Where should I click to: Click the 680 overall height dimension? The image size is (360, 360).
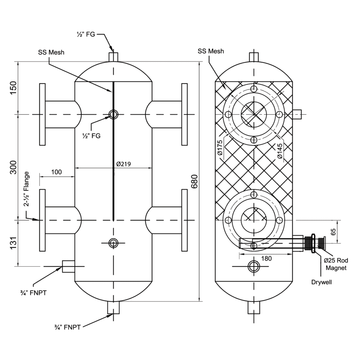pyautogui.click(x=194, y=181)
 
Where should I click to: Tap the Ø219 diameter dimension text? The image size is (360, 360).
pyautogui.click(x=123, y=164)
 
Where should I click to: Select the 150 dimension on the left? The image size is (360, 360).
pyautogui.click(x=14, y=88)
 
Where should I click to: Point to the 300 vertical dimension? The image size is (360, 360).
pyautogui.click(x=14, y=167)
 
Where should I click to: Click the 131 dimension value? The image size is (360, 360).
pyautogui.click(x=14, y=243)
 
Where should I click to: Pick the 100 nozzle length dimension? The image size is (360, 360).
pyautogui.click(x=56, y=172)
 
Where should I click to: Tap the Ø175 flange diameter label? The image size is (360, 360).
pyautogui.click(x=220, y=147)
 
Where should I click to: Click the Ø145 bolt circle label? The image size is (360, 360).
pyautogui.click(x=279, y=151)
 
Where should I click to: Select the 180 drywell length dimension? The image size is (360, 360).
pyautogui.click(x=266, y=258)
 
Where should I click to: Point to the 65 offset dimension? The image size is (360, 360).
pyautogui.click(x=333, y=232)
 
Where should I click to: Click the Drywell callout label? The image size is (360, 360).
pyautogui.click(x=321, y=282)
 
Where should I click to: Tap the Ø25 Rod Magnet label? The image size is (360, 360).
pyautogui.click(x=336, y=264)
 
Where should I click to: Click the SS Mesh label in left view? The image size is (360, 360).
pyautogui.click(x=51, y=52)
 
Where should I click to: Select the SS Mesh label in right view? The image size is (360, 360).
pyautogui.click(x=211, y=51)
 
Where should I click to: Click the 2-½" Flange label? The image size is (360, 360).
pyautogui.click(x=27, y=189)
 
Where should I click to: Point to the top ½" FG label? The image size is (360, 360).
pyautogui.click(x=86, y=34)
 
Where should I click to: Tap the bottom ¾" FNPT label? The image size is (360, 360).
pyautogui.click(x=67, y=327)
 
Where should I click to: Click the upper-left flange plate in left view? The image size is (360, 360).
pyautogui.click(x=42, y=114)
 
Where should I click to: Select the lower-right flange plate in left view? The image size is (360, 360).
pyautogui.click(x=184, y=220)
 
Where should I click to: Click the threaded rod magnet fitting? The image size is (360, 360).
pyautogui.click(x=315, y=243)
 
